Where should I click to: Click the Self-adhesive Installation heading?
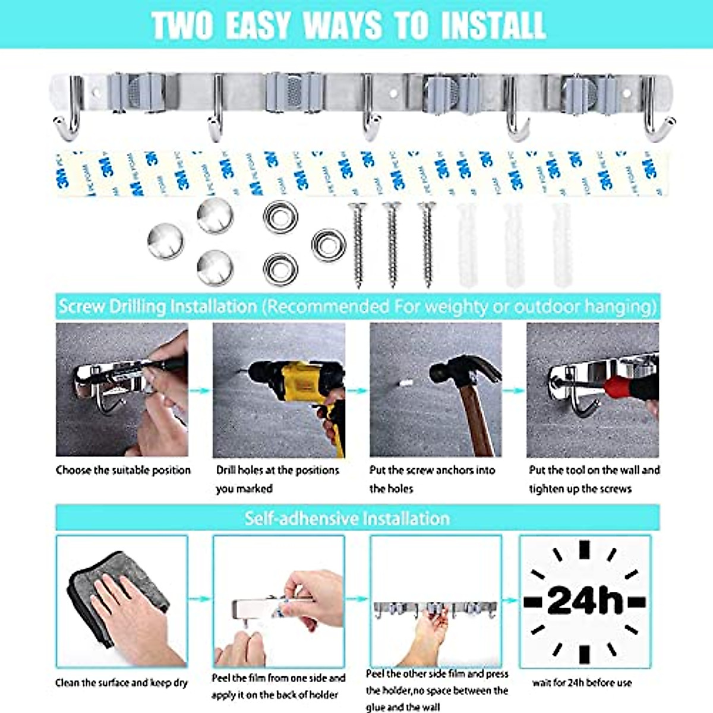coord(348,518)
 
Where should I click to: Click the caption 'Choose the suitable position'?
coord(123,470)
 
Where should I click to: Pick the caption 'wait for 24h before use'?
coord(582,683)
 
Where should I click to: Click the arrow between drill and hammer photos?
coord(357,390)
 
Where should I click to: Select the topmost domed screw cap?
coord(214,216)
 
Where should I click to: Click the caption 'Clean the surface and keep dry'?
coord(121,683)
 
